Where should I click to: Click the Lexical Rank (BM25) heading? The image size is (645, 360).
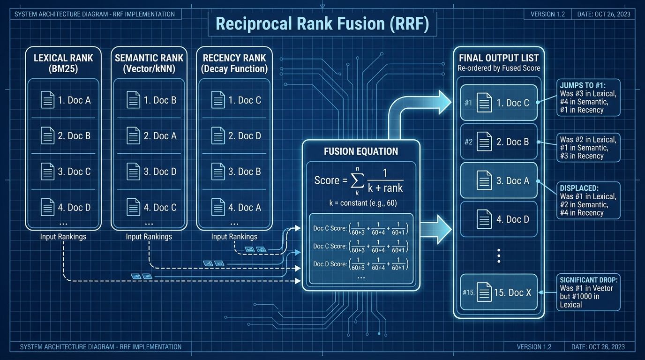coord(63,63)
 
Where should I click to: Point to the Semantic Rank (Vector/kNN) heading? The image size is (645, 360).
coord(149,63)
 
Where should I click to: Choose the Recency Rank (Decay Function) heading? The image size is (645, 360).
coord(234,63)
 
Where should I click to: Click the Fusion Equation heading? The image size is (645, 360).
coord(360,151)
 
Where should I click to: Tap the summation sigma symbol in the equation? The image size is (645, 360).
coord(357,180)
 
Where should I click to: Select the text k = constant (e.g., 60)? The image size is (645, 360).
coord(360,203)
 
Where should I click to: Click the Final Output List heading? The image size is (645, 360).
coord(499,58)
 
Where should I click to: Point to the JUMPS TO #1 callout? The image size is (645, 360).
coord(588,97)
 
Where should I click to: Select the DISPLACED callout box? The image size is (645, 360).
coord(588,200)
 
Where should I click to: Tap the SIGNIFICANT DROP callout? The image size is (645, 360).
coord(588,292)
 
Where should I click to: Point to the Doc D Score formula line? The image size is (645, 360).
coord(360,264)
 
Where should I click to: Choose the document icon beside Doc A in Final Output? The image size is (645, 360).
coord(484,180)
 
